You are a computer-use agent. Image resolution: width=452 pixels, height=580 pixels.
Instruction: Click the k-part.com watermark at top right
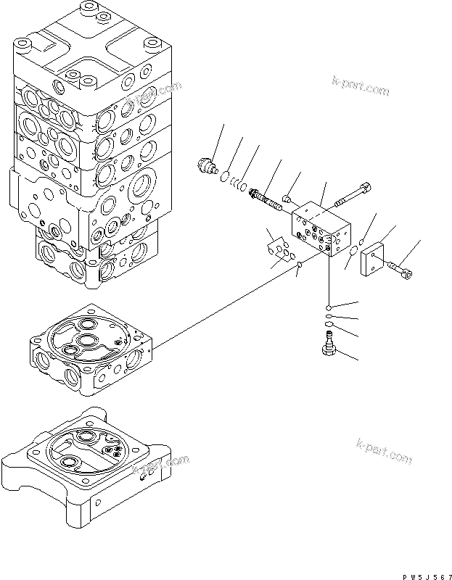click(x=361, y=87)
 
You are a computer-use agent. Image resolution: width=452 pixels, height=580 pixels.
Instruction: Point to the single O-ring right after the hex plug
click(x=226, y=176)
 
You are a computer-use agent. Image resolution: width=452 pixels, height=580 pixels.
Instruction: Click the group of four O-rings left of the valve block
click(x=278, y=250)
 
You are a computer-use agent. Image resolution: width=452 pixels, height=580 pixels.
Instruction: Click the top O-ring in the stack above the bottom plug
click(x=329, y=307)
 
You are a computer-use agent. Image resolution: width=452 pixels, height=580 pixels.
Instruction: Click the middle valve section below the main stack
click(x=90, y=348)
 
